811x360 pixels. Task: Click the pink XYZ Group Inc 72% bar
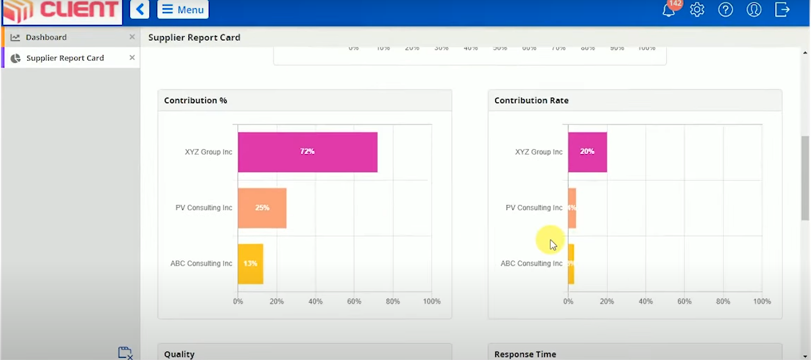[307, 152]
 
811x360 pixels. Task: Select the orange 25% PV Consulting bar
[262, 208]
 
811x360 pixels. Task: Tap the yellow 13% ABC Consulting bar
[250, 264]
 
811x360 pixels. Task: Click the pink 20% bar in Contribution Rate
[587, 152]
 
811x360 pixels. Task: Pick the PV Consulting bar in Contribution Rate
[572, 208]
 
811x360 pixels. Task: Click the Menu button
[183, 9]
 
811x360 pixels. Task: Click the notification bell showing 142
[669, 10]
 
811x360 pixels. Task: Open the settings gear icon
[697, 10]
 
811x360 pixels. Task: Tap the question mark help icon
[725, 10]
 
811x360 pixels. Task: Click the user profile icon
[753, 10]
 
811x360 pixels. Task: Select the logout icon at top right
[782, 10]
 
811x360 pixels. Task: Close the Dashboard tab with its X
[132, 37]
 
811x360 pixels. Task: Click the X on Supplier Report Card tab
[132, 58]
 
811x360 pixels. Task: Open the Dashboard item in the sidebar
[46, 37]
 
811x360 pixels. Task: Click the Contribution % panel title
[195, 100]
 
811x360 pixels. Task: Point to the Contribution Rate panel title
[531, 100]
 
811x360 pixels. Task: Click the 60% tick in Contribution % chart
[354, 301]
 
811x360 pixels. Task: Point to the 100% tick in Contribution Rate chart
[762, 301]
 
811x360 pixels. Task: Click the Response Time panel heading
[525, 354]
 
